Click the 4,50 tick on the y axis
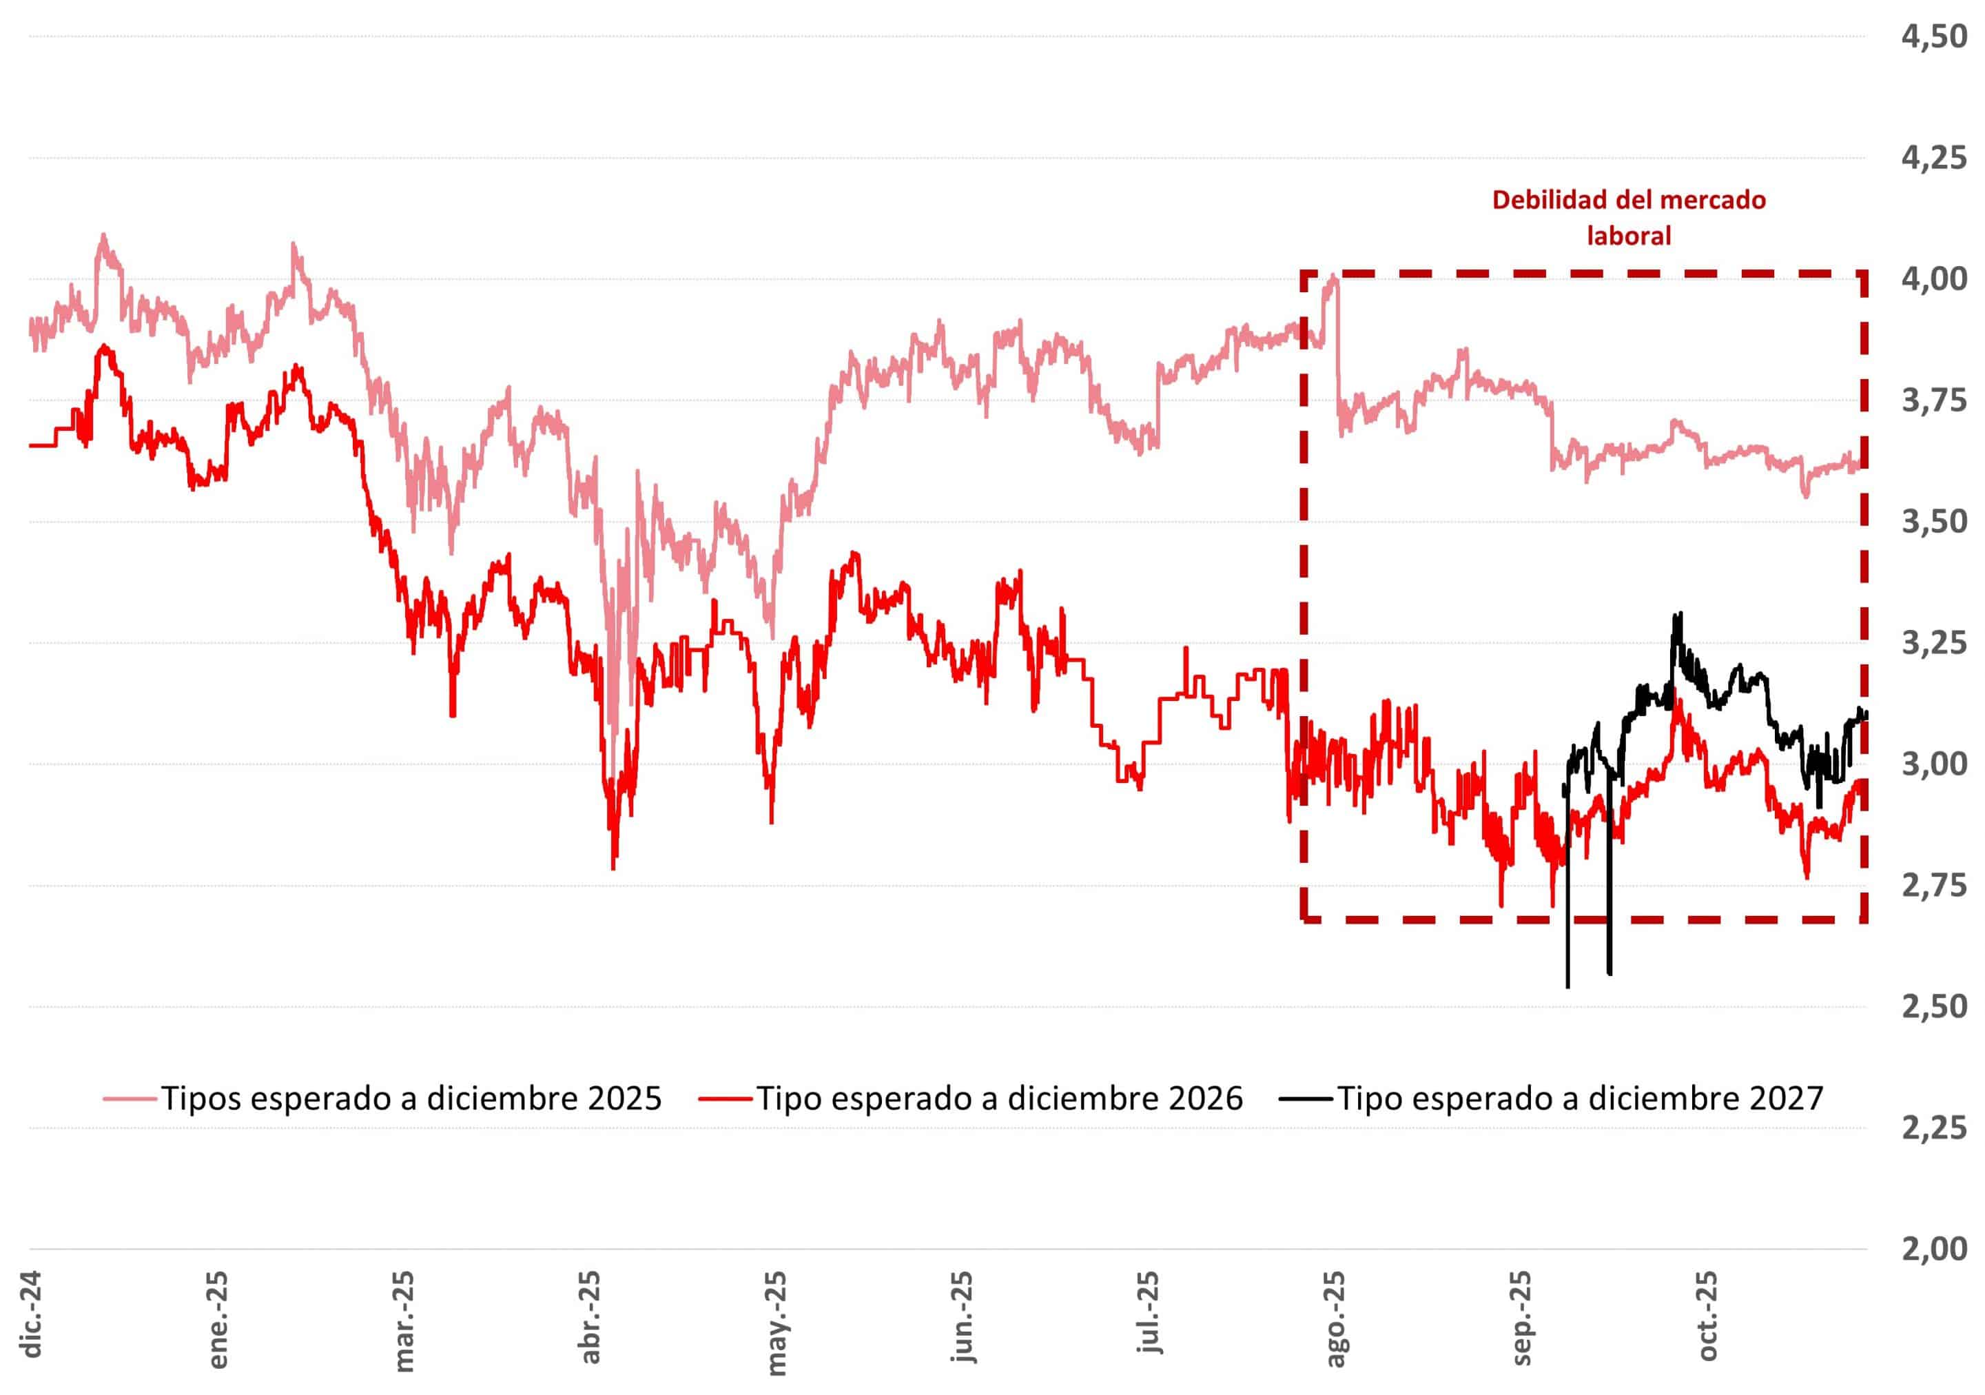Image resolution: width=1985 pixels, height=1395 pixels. [x=1933, y=37]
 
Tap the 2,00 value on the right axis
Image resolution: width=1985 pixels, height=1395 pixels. [x=1933, y=1249]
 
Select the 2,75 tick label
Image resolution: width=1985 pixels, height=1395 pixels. [x=1933, y=886]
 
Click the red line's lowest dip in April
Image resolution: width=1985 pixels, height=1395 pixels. [x=613, y=868]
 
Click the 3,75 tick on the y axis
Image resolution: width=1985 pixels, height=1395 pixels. [x=1933, y=401]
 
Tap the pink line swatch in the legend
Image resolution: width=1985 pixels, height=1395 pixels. [x=130, y=1099]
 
